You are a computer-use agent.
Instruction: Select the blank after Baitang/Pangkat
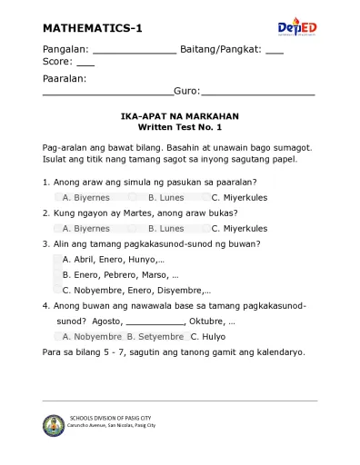(274, 51)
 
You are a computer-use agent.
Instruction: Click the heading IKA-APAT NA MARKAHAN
(179, 117)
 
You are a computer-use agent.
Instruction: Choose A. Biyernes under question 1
(85, 197)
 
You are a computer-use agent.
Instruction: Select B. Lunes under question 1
(165, 197)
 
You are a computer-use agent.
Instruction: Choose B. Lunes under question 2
(165, 229)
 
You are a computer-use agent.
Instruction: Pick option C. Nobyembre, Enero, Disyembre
(136, 290)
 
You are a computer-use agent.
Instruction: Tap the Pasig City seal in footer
(54, 424)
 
